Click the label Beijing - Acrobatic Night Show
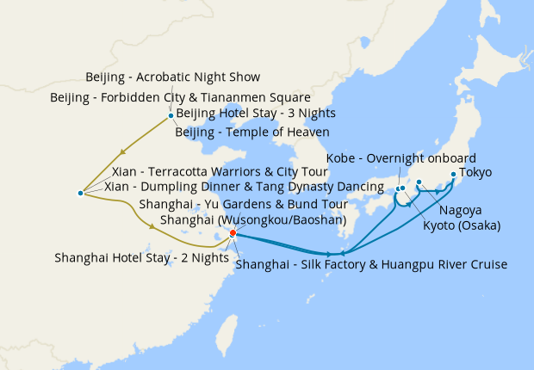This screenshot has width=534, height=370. click(x=173, y=77)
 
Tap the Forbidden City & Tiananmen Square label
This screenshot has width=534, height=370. click(x=180, y=96)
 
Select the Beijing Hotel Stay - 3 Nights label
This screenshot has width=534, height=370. click(x=256, y=114)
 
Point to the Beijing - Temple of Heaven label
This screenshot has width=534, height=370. click(x=251, y=132)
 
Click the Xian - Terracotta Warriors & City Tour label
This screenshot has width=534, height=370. click(x=220, y=172)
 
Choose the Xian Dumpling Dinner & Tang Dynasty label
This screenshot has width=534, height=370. click(x=244, y=187)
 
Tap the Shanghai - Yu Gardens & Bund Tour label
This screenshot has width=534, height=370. click(x=243, y=205)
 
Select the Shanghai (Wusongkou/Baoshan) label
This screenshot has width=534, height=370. click(x=248, y=219)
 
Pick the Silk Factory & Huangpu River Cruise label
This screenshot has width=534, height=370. click(x=370, y=264)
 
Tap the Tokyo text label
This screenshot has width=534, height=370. click(x=475, y=173)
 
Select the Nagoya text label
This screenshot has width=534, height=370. click(x=460, y=210)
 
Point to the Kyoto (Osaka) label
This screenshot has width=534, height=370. click(x=461, y=226)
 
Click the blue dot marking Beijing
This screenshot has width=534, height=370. click(x=171, y=115)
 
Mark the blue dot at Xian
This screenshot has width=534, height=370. click(x=80, y=193)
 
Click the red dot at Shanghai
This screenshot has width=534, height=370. click(x=233, y=233)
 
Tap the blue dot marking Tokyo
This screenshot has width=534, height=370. click(x=453, y=174)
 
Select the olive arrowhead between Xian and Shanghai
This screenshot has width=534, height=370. click(x=152, y=227)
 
